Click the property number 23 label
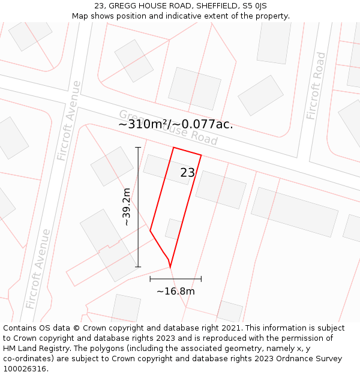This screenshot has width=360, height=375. click(188, 173)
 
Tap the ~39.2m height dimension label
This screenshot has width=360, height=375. click(126, 207)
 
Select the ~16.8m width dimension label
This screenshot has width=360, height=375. click(176, 292)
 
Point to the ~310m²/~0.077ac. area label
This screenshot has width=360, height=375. click(175, 125)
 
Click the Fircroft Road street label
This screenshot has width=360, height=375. click(316, 86)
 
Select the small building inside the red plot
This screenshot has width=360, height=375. click(173, 229)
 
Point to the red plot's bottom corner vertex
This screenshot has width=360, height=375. click(170, 266)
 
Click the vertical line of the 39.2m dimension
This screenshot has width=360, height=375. click(138, 207)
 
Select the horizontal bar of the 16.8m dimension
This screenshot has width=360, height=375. click(176, 279)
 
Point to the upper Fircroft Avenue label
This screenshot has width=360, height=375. click(68, 121)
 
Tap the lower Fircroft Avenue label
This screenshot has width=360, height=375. click(37, 268)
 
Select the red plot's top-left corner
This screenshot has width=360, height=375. click(173, 148)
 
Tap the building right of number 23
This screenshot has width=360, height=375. click(221, 189)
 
